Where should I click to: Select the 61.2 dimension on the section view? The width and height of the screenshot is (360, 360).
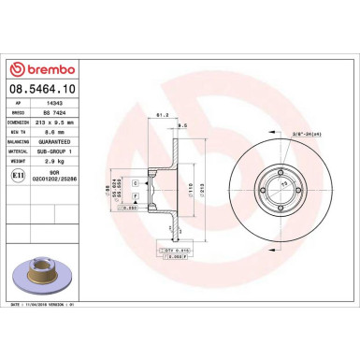[161, 115]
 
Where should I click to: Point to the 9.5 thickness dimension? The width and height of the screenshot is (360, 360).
[182, 122]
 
